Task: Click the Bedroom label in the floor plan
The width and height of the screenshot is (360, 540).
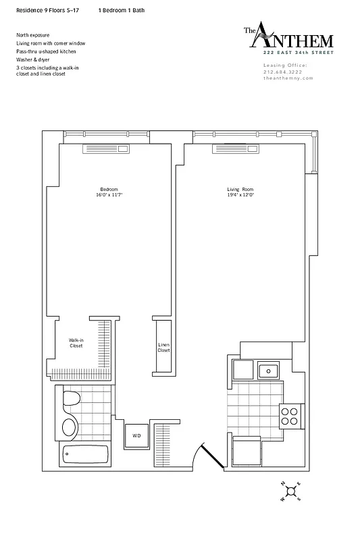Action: click(109, 188)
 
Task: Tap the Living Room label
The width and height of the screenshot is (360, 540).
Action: click(240, 188)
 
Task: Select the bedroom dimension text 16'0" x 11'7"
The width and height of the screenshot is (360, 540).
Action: click(109, 194)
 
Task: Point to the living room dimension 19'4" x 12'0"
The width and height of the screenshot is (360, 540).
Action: click(240, 194)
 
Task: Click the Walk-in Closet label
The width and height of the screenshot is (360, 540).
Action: click(76, 343)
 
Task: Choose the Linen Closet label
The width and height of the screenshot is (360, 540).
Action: click(164, 347)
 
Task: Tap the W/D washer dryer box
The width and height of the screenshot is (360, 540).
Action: click(136, 435)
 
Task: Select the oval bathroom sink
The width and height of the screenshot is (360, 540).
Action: click(70, 427)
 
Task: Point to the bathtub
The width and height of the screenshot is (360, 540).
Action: click(85, 455)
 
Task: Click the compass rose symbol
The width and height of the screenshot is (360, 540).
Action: click(290, 491)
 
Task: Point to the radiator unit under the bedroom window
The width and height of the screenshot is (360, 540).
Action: click(106, 150)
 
